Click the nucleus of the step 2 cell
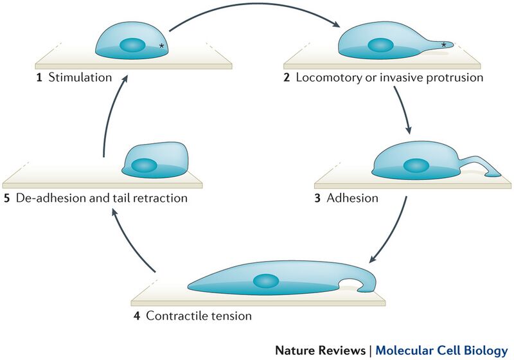point(380,46)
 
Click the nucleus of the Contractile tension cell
point(265,281)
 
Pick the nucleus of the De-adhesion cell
point(144,165)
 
